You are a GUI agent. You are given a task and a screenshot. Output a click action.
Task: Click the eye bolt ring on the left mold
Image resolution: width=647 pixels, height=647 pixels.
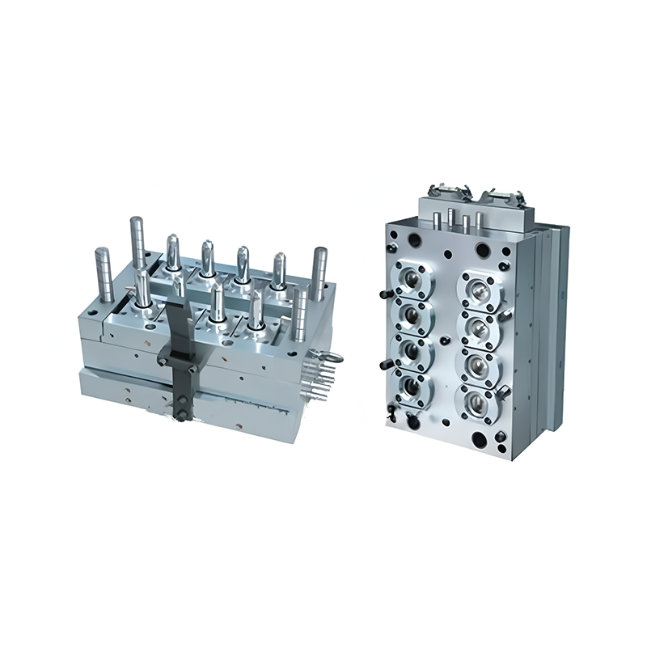(332, 357)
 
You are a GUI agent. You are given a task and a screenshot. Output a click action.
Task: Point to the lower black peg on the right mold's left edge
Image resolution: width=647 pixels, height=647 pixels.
(381, 363)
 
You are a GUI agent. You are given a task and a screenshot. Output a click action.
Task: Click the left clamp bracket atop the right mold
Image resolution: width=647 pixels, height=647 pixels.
(442, 188)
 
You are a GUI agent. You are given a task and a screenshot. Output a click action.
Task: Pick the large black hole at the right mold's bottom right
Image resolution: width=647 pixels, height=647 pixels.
(484, 440)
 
